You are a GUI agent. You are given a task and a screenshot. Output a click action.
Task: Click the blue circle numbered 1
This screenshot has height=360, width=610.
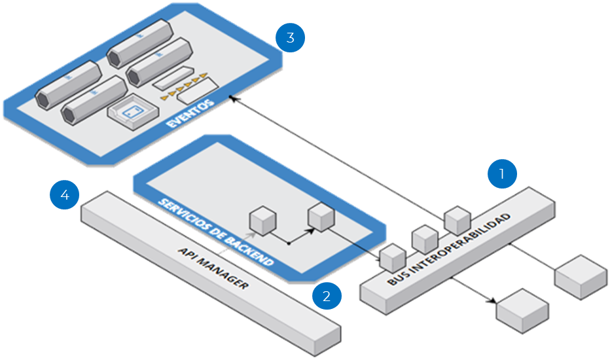pyautogui.click(x=503, y=175)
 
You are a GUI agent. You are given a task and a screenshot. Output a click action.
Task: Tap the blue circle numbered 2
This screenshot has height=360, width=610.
pyautogui.click(x=327, y=296)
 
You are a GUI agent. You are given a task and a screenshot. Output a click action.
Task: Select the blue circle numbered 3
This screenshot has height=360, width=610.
pyautogui.click(x=290, y=38)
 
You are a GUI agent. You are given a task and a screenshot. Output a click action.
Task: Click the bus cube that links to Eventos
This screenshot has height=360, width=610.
pyautogui.click(x=457, y=221)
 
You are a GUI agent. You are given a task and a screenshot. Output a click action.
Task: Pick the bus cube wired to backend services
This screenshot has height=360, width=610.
pyautogui.click(x=394, y=257)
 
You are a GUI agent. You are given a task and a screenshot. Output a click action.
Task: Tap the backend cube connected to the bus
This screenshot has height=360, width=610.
pyautogui.click(x=321, y=218)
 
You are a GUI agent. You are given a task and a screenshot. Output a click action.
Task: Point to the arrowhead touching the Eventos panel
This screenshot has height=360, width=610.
pyautogui.click(x=234, y=100)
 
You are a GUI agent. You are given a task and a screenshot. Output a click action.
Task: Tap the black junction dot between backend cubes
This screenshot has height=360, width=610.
pyautogui.click(x=289, y=243)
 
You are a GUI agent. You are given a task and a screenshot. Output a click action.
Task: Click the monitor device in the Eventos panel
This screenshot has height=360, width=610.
pyautogui.click(x=131, y=112)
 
